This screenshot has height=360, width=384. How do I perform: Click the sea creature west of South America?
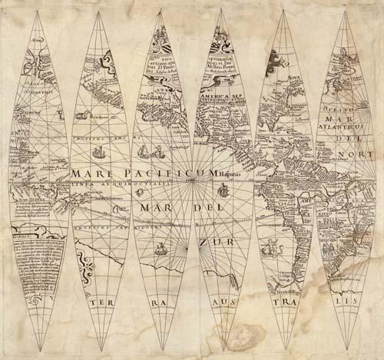coord(270,246)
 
